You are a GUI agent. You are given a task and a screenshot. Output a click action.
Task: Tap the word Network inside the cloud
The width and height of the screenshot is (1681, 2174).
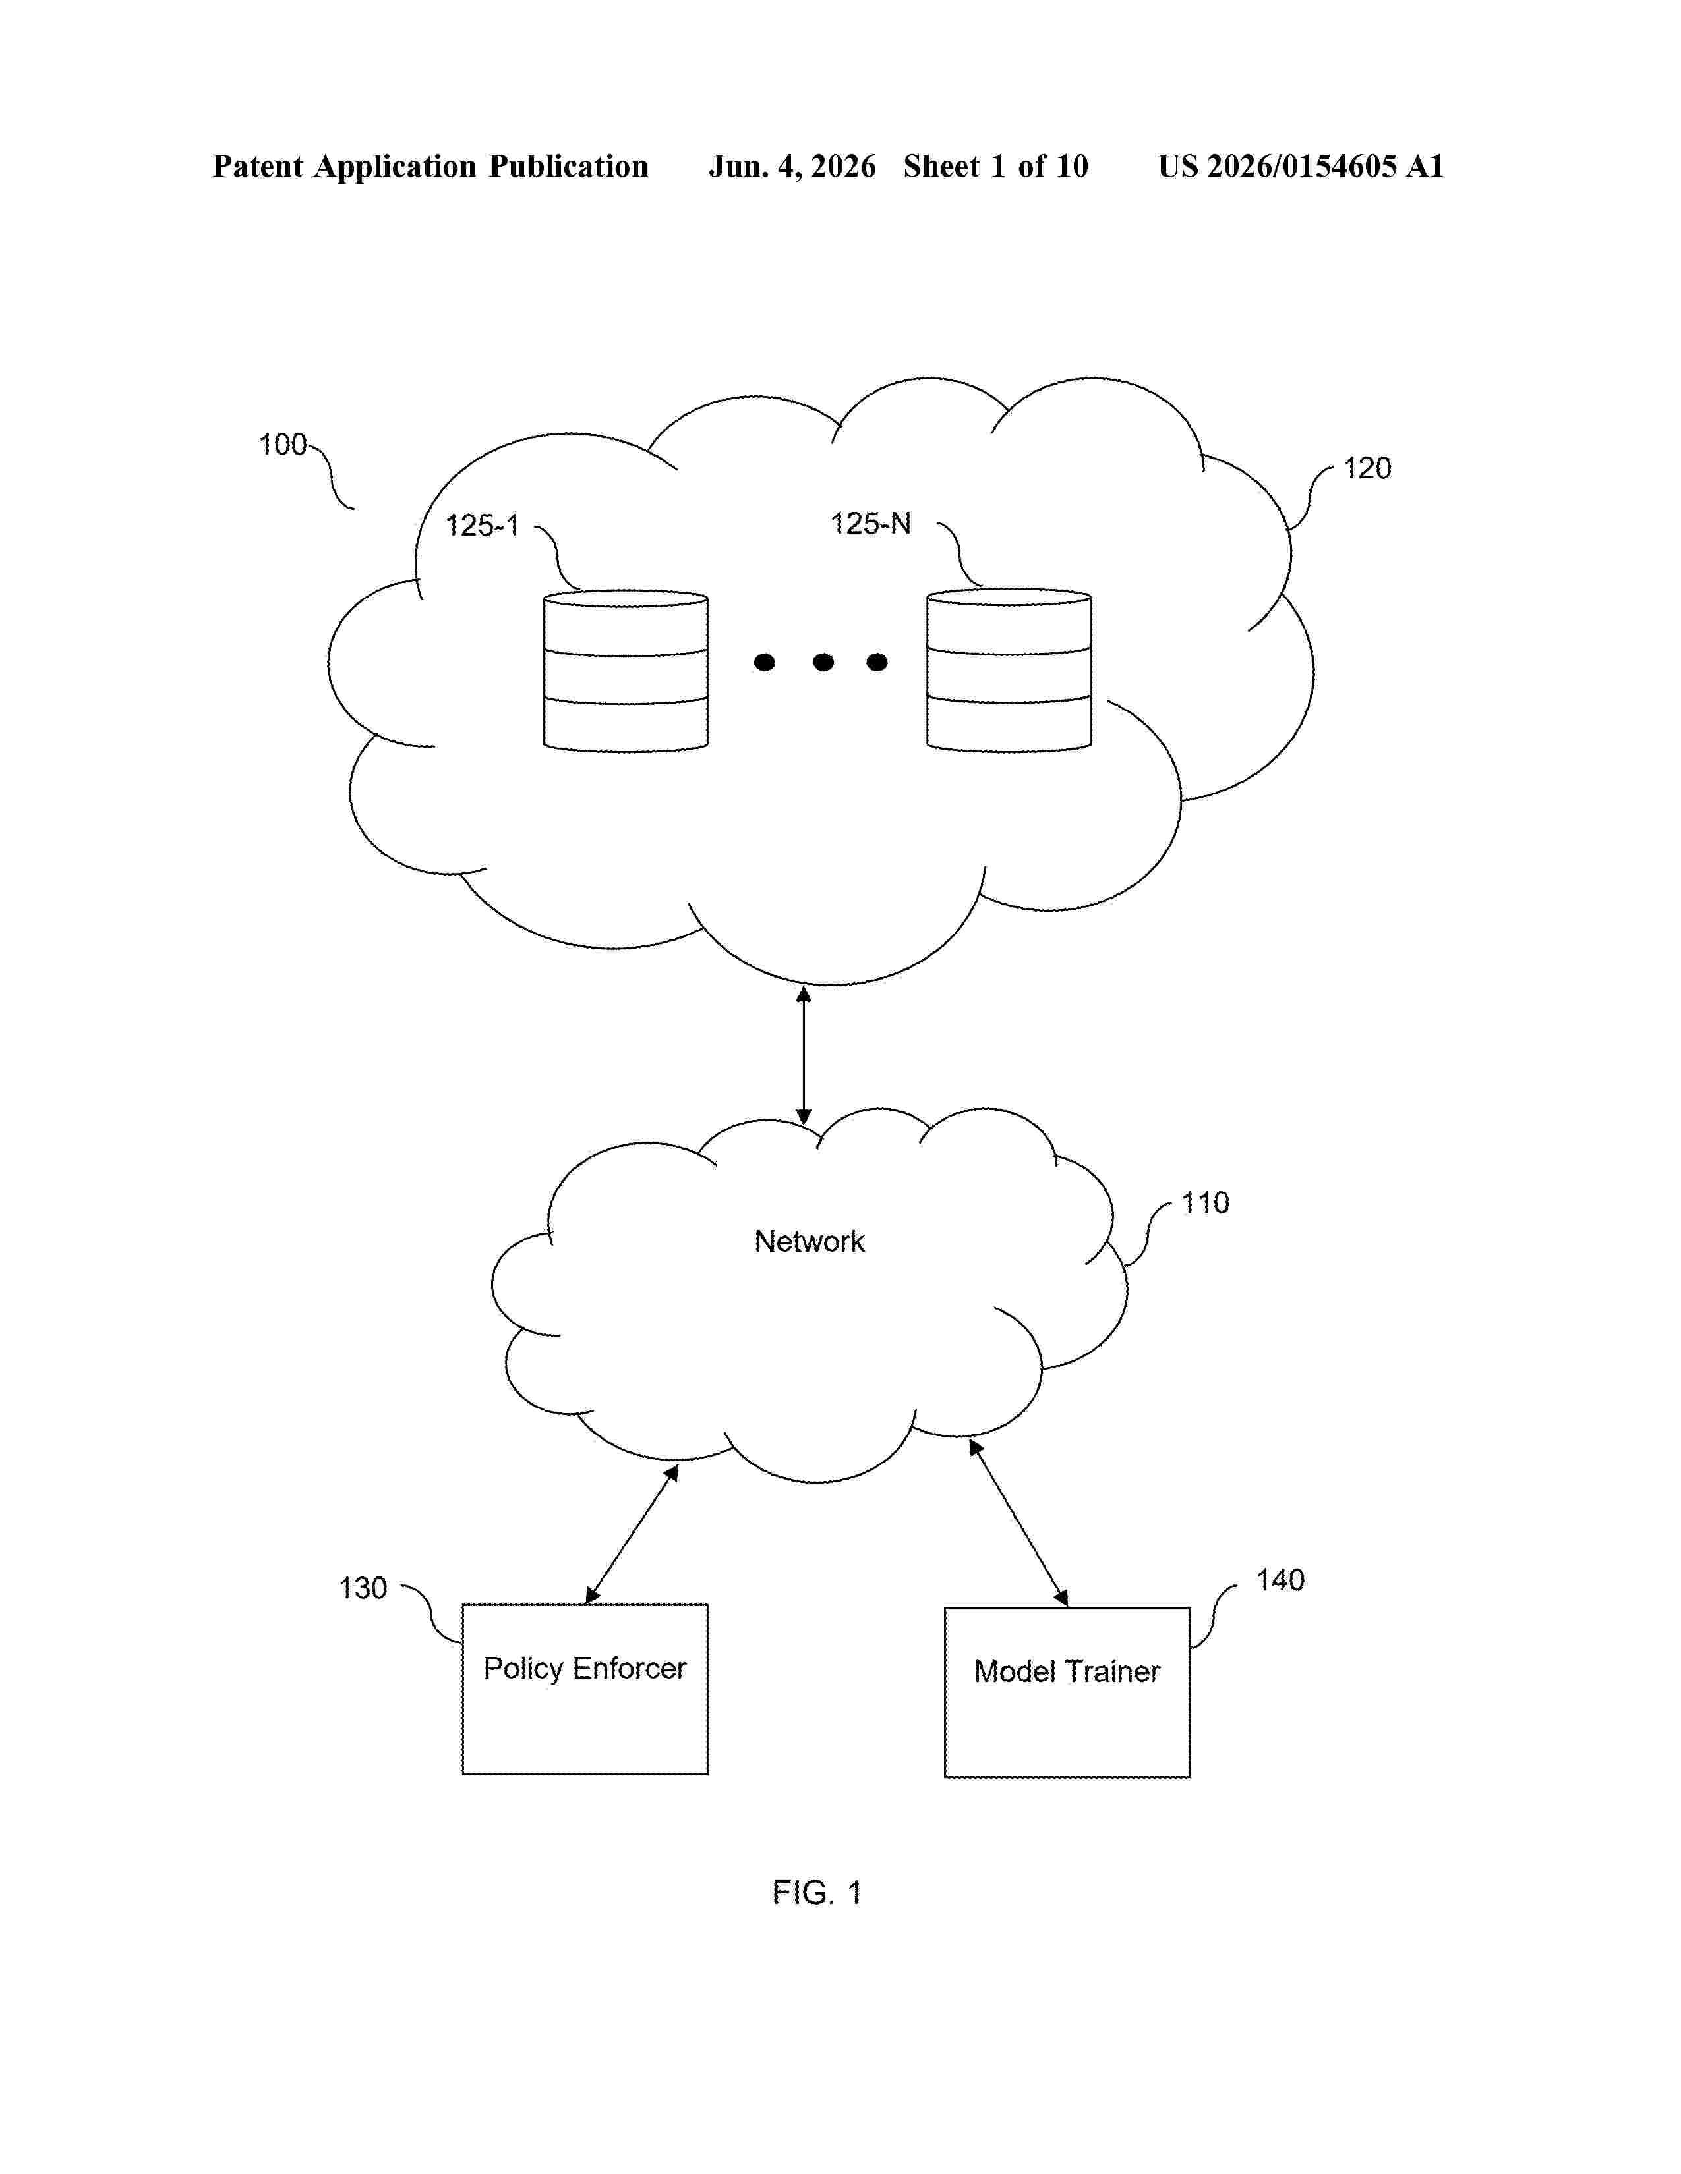[809, 1241]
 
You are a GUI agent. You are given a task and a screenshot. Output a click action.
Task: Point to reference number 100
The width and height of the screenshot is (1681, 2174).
[283, 444]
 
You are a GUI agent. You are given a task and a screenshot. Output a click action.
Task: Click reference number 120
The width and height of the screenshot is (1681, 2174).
[1367, 468]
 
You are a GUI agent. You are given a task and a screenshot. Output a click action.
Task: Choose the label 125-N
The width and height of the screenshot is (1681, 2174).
[870, 524]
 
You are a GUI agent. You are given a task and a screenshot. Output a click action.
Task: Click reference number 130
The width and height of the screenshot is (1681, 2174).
[363, 1588]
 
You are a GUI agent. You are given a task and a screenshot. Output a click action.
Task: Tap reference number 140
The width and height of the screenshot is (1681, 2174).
[1280, 1580]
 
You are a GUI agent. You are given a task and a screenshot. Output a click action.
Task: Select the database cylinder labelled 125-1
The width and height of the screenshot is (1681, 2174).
[626, 671]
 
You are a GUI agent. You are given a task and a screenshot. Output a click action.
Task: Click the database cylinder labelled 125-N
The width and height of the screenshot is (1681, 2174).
[1009, 670]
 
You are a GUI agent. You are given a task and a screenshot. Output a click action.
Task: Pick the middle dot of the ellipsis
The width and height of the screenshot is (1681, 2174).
[823, 662]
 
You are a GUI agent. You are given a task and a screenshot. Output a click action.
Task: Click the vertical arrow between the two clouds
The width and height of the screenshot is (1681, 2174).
[804, 1055]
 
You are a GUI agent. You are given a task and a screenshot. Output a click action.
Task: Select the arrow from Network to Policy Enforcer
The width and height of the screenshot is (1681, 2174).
[632, 1534]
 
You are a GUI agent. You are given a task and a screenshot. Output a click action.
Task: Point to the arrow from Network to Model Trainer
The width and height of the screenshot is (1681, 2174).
[1018, 1523]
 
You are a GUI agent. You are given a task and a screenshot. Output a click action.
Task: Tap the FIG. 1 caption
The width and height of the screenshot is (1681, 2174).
[817, 1892]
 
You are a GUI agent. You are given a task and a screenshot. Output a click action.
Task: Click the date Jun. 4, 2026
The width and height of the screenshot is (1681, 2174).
[792, 166]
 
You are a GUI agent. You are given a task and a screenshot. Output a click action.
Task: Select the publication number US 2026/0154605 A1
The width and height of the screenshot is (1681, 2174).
[1301, 166]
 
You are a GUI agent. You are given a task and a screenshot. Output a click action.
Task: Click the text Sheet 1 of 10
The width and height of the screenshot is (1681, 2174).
[996, 166]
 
